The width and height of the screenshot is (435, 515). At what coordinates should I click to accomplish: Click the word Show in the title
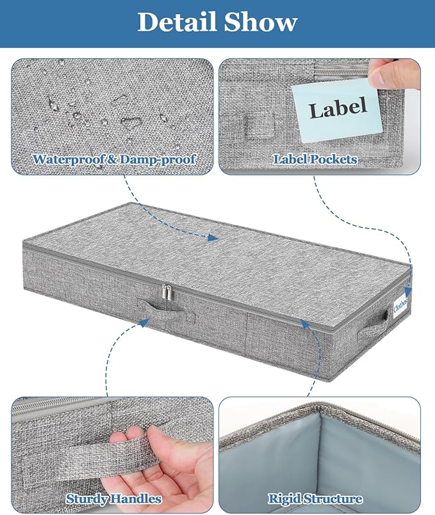pos(259,22)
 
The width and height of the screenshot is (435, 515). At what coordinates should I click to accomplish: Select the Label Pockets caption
pos(315,158)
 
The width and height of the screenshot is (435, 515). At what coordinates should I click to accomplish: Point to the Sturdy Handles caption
pos(113,498)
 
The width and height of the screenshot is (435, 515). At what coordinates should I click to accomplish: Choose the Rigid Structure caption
pos(315,498)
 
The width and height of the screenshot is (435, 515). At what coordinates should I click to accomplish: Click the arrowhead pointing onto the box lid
pos(214,237)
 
